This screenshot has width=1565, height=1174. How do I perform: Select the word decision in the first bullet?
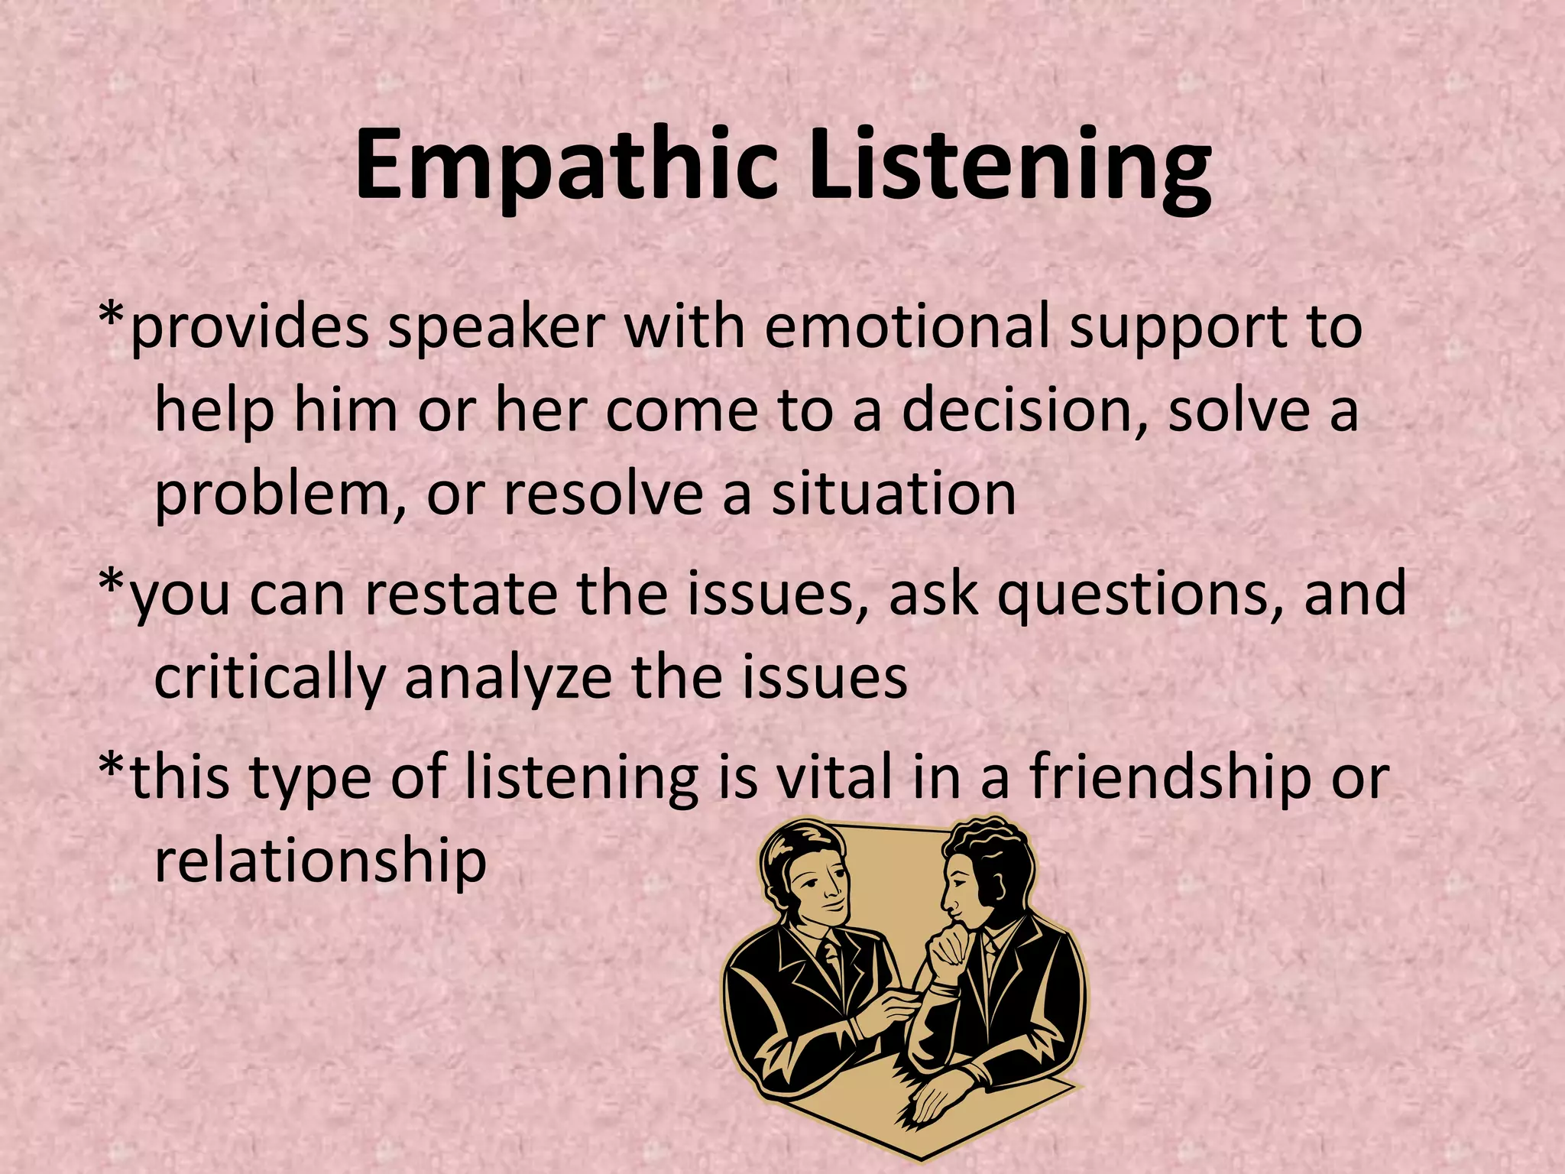[x=1025, y=410]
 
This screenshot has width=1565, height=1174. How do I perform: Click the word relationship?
[x=320, y=862]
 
